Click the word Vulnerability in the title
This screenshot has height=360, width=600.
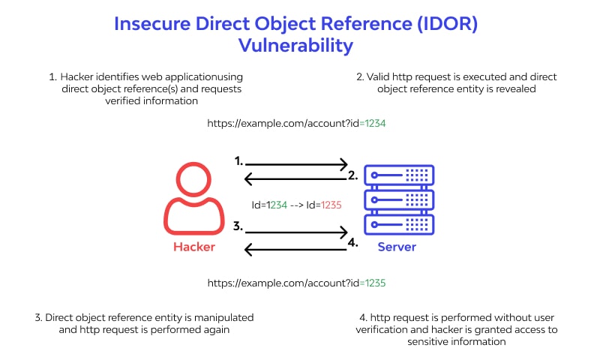[295, 45]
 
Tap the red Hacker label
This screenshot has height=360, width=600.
[194, 247]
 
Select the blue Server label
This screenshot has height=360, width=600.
[397, 247]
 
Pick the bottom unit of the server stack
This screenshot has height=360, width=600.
[398, 224]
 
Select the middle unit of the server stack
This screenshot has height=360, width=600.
[398, 200]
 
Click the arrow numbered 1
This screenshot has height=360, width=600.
[297, 163]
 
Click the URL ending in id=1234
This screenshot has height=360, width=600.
[296, 123]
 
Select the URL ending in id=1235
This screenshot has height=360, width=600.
[296, 283]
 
